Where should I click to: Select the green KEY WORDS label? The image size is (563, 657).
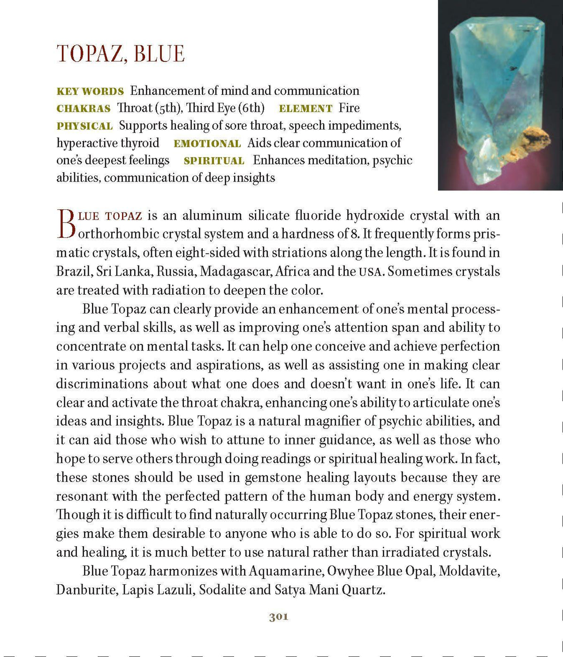(x=90, y=91)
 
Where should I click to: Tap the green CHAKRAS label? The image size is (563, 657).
(x=84, y=108)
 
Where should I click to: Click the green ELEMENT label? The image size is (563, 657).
(x=305, y=108)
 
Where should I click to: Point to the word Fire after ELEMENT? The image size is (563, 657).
(x=349, y=108)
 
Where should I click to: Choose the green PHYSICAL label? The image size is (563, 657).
(x=84, y=126)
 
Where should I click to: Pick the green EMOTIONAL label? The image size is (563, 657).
(x=207, y=144)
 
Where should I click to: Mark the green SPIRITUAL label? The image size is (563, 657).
(x=214, y=161)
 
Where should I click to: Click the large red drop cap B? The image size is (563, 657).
(x=66, y=224)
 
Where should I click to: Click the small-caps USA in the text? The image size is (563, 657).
(x=370, y=272)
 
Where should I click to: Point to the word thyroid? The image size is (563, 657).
(x=140, y=143)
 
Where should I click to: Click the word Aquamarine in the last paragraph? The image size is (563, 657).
(x=286, y=571)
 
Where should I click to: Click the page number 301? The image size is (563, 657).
(x=279, y=617)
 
